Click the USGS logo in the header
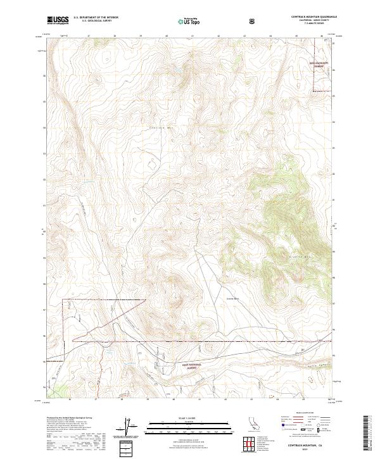(58, 20)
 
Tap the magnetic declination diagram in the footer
(134, 427)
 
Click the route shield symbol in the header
(253, 21)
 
